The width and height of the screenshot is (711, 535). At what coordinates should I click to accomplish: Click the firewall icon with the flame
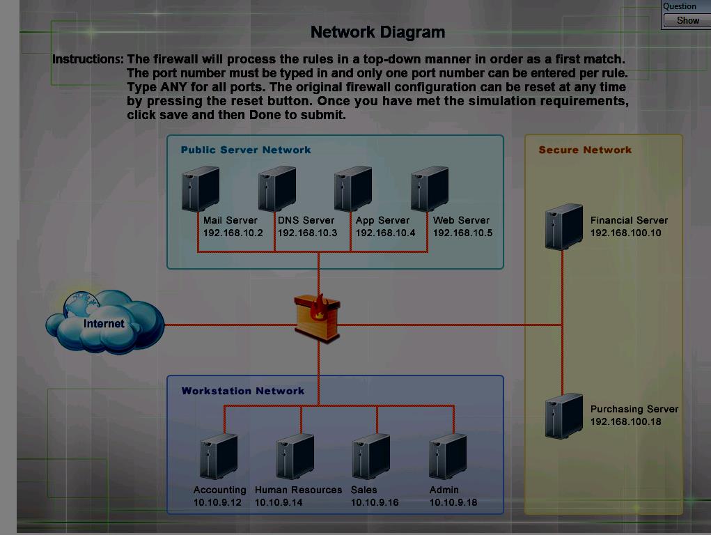[x=318, y=317]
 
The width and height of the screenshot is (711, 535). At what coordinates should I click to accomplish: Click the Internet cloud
[x=104, y=322]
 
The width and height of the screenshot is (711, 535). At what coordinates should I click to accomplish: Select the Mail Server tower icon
[x=201, y=188]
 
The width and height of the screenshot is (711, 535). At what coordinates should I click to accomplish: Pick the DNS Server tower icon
[x=277, y=188]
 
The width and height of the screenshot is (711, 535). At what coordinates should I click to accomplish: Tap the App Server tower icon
[x=353, y=188]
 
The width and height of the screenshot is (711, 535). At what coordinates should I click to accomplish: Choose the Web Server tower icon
[x=430, y=188]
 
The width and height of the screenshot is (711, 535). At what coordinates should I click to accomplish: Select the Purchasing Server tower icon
[x=564, y=416]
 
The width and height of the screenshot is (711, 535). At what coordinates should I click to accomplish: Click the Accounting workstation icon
[x=219, y=456]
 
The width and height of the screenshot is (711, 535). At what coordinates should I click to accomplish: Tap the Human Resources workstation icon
[x=295, y=456]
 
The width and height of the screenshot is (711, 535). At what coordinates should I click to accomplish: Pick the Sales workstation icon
[x=371, y=456]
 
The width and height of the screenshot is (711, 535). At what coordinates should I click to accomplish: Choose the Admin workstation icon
[x=448, y=456]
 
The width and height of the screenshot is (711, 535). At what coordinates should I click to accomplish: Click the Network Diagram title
[x=377, y=32]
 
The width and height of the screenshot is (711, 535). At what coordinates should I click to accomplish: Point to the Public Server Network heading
[x=246, y=150]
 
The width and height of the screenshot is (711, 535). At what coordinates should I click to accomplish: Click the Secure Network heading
[x=585, y=150]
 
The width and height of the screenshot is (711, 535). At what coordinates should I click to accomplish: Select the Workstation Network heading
[x=242, y=391]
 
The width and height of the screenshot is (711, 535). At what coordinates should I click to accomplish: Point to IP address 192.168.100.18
[x=625, y=422]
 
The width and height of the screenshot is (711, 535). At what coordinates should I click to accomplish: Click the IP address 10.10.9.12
[x=217, y=502]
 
